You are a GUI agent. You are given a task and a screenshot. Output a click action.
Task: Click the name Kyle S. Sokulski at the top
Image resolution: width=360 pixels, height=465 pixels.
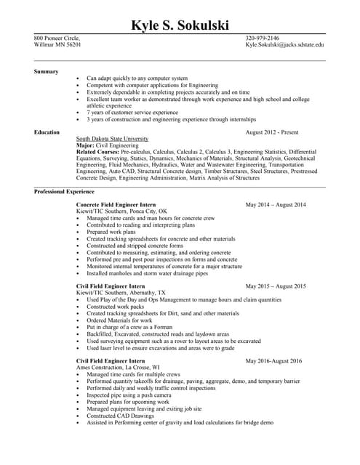click(180, 25)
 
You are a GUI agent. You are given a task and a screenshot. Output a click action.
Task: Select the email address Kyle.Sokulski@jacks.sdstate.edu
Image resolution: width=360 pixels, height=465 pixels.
click(284, 45)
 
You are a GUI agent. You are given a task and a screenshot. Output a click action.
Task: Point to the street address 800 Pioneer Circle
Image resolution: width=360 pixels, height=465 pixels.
click(57, 38)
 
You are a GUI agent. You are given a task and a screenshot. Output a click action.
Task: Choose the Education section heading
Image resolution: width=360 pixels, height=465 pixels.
click(47, 132)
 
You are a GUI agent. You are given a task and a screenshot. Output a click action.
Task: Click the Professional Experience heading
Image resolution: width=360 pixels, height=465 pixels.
click(65, 191)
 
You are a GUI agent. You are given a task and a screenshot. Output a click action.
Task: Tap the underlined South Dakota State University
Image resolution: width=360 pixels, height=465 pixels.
click(112, 138)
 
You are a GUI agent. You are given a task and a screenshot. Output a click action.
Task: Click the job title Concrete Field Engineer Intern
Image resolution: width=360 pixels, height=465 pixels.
click(116, 205)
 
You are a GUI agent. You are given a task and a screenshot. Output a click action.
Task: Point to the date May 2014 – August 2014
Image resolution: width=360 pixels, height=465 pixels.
click(276, 205)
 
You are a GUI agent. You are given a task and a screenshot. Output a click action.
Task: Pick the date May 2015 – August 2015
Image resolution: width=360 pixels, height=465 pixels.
click(276, 286)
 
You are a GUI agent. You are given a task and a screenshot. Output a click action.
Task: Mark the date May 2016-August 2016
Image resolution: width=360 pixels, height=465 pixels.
click(273, 361)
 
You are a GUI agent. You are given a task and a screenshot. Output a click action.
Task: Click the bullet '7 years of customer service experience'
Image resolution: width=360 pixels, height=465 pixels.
click(132, 113)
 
